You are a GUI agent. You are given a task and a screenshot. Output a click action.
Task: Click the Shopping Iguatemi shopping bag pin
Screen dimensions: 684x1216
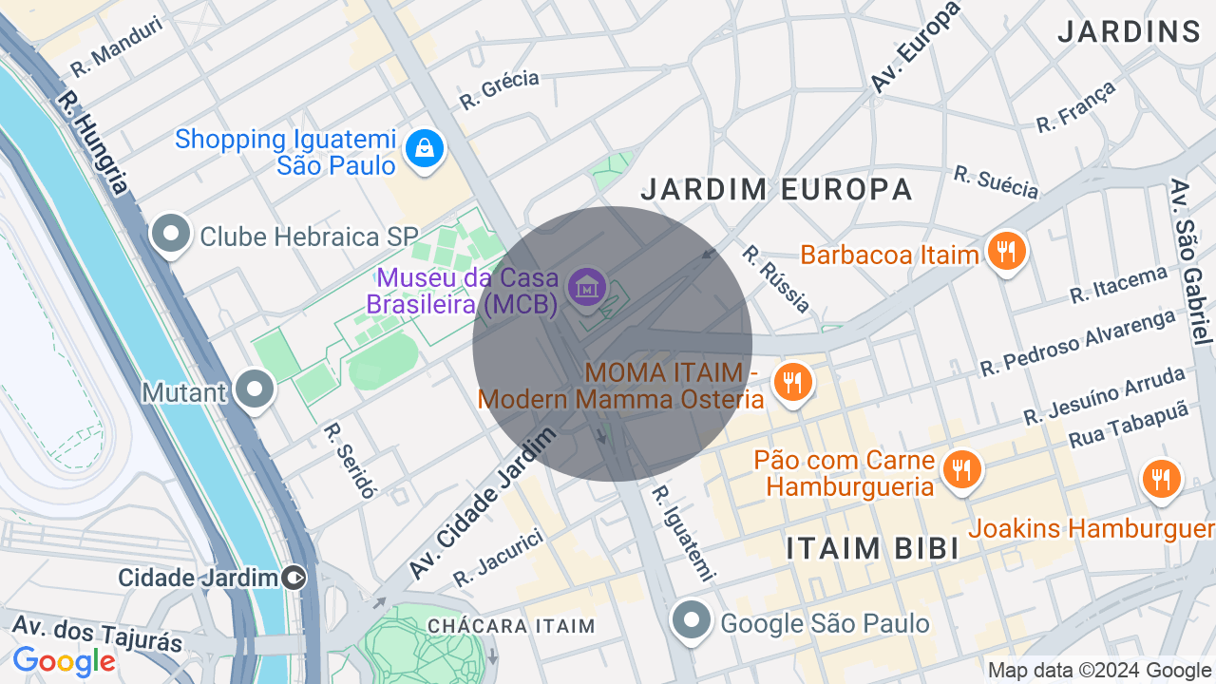425,149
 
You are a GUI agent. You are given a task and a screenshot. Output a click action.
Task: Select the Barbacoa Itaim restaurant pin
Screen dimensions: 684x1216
1006,253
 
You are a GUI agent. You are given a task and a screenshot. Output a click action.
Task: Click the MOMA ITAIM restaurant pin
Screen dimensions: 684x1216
791,383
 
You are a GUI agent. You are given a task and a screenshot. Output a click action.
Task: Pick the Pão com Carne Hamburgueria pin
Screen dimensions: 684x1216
962,469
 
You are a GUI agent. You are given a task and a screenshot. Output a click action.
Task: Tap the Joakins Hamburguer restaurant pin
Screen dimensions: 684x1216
1160,480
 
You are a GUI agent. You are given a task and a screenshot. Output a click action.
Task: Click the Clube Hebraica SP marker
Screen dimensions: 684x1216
172,235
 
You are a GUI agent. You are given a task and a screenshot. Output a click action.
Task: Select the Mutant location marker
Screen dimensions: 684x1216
254,390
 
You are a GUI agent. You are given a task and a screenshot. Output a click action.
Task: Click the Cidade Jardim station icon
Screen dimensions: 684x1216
294,577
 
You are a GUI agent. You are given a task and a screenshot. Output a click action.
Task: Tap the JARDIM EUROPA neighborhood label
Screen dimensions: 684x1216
776,189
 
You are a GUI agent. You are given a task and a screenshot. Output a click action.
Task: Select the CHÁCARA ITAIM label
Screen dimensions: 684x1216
511,626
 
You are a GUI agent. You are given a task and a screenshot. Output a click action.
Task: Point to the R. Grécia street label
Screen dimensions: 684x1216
499,89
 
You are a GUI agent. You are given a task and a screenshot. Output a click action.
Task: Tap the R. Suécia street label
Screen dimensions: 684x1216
997,182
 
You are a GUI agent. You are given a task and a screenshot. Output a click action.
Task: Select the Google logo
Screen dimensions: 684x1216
65,661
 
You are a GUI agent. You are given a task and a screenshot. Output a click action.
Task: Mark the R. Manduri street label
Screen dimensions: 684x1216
117,47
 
